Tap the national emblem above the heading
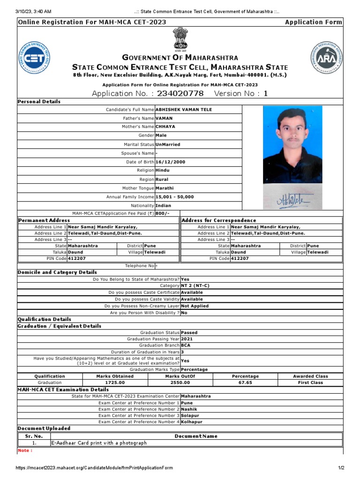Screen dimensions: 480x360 pyautogui.click(x=180, y=39)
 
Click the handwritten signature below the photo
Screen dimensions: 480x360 pyautogui.click(x=292, y=201)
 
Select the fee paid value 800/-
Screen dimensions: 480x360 pyautogui.click(x=162, y=213)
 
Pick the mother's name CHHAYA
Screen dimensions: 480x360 pyautogui.click(x=166, y=127)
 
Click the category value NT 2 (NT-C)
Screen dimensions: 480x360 pyautogui.click(x=195, y=285)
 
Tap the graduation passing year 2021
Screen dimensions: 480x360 pyautogui.click(x=187, y=338)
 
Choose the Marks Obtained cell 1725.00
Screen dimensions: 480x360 pyautogui.click(x=114, y=383)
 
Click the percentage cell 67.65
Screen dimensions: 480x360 pyautogui.click(x=245, y=383)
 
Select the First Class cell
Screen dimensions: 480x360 pyautogui.click(x=310, y=383)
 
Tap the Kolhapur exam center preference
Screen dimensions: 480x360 pyautogui.click(x=192, y=422)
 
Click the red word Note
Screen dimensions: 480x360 pyautogui.click(x=25, y=451)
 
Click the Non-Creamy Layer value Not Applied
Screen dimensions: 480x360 pyautogui.click(x=195, y=306)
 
